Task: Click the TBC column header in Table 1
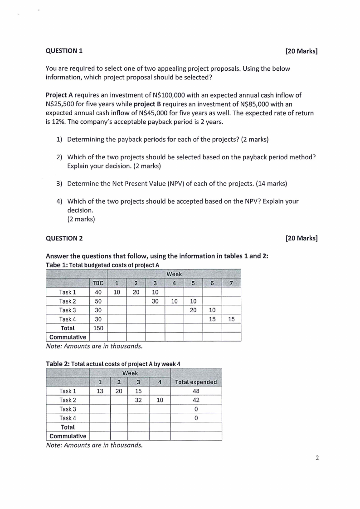point(98,283)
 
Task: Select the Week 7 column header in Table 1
point(231,283)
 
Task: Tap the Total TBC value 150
point(98,328)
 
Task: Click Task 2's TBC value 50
point(98,301)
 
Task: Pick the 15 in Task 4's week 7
point(231,319)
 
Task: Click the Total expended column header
point(196,382)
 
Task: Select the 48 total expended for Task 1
point(196,391)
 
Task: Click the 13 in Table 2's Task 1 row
point(99,391)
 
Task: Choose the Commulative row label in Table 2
point(68,436)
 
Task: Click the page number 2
point(317,458)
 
